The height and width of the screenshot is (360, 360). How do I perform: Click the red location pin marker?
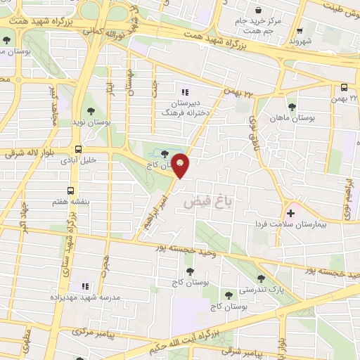(181, 165)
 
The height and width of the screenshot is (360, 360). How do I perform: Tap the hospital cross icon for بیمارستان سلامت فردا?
(290, 212)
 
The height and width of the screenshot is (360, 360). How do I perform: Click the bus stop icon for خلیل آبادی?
(77, 149)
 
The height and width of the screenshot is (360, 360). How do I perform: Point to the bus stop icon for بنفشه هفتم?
(70, 191)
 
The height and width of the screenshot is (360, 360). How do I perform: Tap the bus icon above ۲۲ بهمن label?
(344, 88)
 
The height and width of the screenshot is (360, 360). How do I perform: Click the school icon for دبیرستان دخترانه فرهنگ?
(186, 92)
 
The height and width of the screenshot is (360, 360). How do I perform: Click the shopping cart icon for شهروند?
(300, 30)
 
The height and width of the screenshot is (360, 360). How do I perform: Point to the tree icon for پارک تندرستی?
(261, 278)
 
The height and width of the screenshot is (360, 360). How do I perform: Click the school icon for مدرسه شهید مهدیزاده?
(85, 286)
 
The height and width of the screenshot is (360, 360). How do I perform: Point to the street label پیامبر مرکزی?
(91, 333)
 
